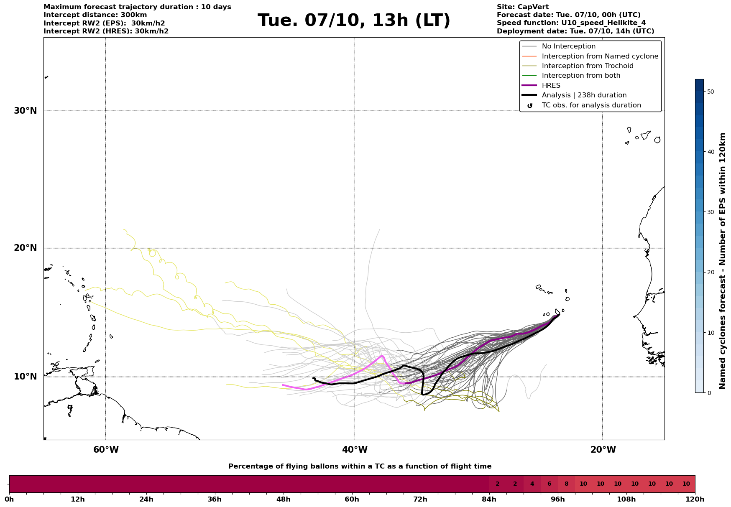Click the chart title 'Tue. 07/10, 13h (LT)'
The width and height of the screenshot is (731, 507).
354,20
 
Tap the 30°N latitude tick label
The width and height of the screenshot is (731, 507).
25,111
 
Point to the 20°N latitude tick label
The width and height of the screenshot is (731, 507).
25,248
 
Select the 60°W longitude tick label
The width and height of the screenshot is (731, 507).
106,450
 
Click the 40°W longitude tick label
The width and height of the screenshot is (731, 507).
355,450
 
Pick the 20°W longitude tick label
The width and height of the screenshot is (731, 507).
603,450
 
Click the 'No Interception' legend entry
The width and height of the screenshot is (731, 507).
568,46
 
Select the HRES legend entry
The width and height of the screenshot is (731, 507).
551,86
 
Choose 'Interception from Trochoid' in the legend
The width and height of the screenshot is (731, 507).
587,66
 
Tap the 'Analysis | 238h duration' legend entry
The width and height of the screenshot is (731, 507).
584,95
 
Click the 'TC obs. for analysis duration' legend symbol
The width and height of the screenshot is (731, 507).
530,105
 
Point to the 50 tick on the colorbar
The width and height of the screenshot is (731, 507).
711,92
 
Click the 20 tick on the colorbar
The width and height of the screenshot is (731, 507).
711,272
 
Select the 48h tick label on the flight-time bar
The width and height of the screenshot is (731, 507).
284,499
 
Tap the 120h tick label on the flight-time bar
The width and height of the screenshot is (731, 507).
695,499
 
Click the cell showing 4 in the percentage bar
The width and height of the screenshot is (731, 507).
532,484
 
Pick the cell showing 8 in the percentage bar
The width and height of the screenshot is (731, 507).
566,484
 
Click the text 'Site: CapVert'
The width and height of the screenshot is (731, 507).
522,7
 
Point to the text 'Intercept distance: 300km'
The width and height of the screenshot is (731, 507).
95,15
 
